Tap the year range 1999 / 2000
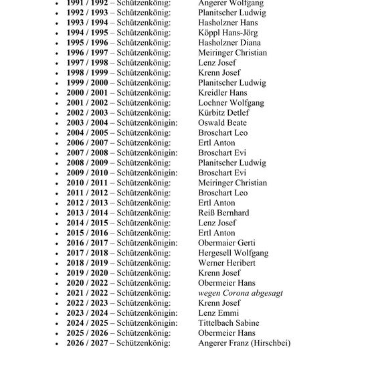pyautogui.click(x=86, y=83)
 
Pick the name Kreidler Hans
pyautogui.click(x=223, y=93)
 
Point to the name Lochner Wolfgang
pyautogui.click(x=231, y=103)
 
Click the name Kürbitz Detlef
pyautogui.click(x=223, y=113)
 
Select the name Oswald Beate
pyautogui.click(x=223, y=123)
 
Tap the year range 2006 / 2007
pyautogui.click(x=86, y=143)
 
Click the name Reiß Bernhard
pyautogui.click(x=223, y=213)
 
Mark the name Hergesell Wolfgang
pyautogui.click(x=234, y=253)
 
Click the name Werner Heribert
pyautogui.click(x=227, y=263)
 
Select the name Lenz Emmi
pyautogui.click(x=219, y=313)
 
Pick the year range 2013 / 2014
pyautogui.click(x=86, y=213)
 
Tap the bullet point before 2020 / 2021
pyautogui.click(x=58, y=284)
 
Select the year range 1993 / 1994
pyautogui.click(x=86, y=23)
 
